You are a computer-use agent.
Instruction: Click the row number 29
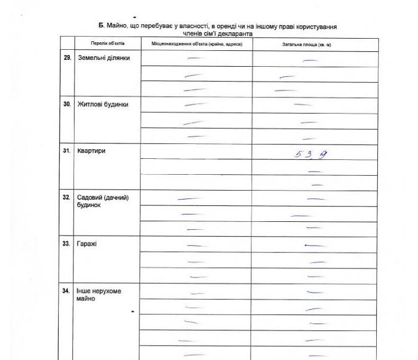[67, 57]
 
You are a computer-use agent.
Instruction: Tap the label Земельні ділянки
[104, 58]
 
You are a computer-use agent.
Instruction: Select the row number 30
[67, 104]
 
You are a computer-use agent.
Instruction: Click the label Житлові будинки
[103, 104]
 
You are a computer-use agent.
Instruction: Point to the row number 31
[67, 151]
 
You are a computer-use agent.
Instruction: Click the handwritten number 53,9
[308, 154]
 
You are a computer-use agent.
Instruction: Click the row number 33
[67, 244]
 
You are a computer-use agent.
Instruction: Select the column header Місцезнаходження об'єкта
[196, 44]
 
